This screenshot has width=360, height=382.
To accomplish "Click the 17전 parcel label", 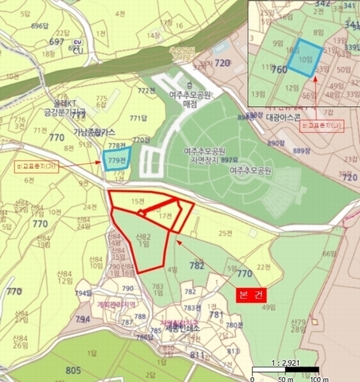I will [165, 216].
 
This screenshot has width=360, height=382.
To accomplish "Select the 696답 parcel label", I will [40, 26].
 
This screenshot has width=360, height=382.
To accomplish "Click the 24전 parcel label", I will [89, 207].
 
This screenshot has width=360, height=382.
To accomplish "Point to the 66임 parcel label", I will [329, 253].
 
